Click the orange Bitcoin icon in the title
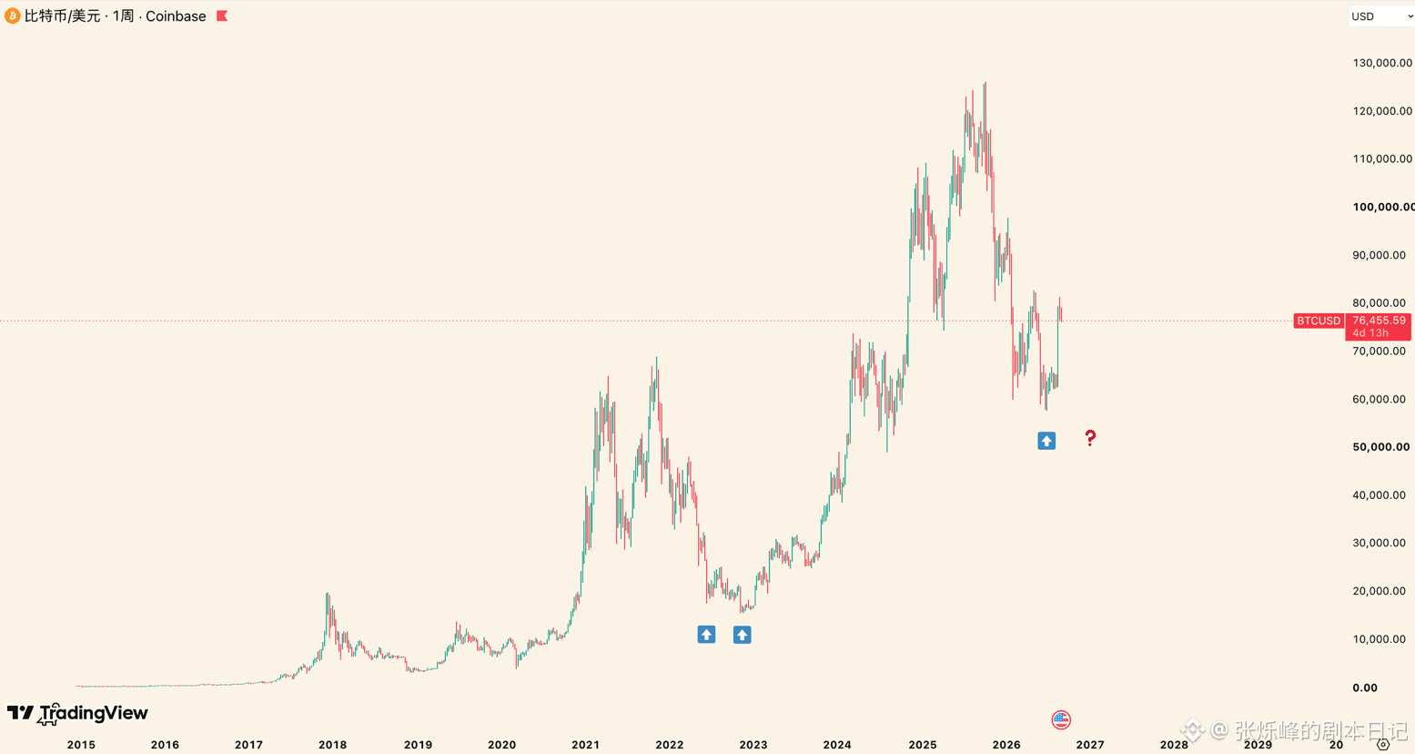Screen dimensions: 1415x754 (12, 15)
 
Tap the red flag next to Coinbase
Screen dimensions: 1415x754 (222, 15)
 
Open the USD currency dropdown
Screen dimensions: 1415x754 (1381, 16)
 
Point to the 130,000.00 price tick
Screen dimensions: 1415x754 (1382, 63)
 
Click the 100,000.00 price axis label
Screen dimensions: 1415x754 (1383, 207)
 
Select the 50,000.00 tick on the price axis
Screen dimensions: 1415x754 (1381, 447)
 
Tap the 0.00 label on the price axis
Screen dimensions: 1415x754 (1364, 688)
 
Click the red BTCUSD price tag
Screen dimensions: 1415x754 (1319, 321)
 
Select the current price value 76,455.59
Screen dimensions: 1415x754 (1379, 321)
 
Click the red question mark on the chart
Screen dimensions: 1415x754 (1090, 437)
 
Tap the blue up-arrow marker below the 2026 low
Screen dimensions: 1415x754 (1046, 441)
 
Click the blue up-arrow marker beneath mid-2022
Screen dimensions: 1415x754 (706, 634)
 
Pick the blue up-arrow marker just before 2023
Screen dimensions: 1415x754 (743, 635)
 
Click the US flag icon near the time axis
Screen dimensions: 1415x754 (1061, 719)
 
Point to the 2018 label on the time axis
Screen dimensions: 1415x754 (332, 745)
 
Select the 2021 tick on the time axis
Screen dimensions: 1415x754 (586, 745)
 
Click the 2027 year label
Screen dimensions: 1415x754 (1090, 745)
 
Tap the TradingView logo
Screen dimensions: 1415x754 (77, 714)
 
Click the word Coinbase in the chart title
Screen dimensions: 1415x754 (176, 15)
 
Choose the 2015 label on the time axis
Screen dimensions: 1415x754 (81, 745)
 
